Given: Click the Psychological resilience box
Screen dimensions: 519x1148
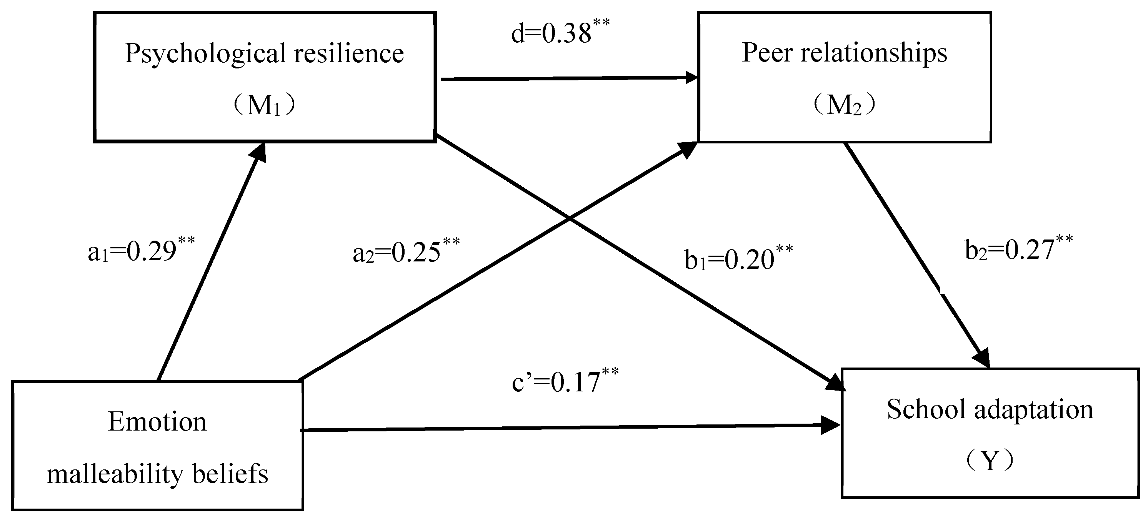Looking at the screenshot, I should (264, 77).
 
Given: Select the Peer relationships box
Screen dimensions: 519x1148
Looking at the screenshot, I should (844, 77).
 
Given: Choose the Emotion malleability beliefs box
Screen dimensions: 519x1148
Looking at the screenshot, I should (157, 446).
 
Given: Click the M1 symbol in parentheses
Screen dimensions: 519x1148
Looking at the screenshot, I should (264, 106).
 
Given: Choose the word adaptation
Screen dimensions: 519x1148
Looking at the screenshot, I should (1033, 409).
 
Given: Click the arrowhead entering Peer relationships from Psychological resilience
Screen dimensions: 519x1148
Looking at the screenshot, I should (691, 78).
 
